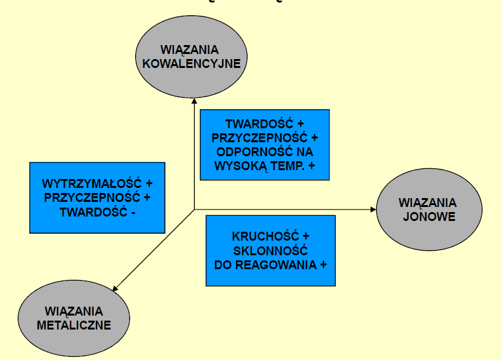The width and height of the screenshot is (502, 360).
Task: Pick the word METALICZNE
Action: point(74,325)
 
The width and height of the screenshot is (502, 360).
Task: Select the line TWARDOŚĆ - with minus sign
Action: point(98,211)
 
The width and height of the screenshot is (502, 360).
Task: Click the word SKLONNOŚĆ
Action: point(270,251)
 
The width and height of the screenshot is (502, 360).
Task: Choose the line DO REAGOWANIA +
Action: point(270,265)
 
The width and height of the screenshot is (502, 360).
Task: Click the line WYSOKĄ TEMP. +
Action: point(265,166)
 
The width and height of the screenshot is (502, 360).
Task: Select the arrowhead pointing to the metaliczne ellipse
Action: point(116,290)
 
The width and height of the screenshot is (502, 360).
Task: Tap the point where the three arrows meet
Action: point(194,209)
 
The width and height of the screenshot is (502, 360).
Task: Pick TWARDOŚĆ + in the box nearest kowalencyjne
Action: point(265,124)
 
